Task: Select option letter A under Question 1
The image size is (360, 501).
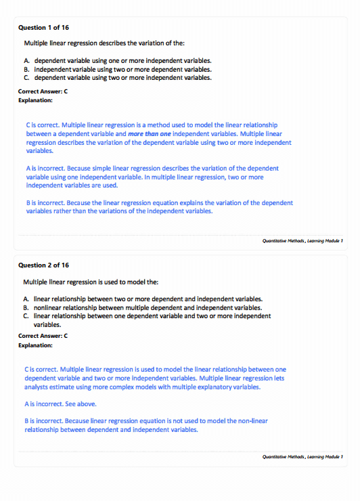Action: [26, 61]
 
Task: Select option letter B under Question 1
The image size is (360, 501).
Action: [26, 69]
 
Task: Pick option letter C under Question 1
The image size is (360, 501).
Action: [26, 77]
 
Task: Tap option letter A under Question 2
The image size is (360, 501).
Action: [26, 299]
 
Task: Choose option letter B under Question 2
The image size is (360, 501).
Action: [26, 307]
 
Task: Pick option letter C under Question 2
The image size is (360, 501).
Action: [26, 315]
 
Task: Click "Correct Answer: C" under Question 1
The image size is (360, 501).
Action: [43, 91]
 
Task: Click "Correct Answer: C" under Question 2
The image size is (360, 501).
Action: [43, 336]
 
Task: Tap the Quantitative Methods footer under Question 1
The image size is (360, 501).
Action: [303, 240]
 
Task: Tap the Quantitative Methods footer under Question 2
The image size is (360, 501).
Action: [303, 457]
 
